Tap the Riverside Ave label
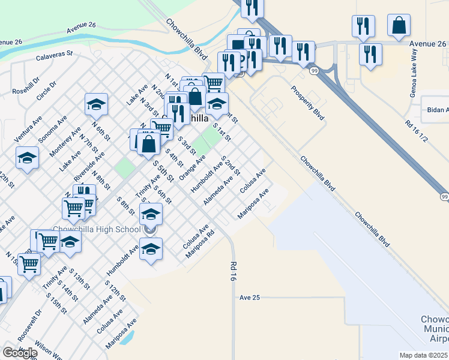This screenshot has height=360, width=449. [89, 167]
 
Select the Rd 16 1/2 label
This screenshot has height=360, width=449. [416, 131]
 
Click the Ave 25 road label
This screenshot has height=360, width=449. [250, 298]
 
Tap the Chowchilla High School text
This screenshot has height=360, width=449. [96, 229]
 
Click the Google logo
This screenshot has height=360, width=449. [20, 352]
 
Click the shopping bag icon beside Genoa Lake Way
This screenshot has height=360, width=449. [399, 26]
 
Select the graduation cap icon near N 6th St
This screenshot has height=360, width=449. [96, 104]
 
